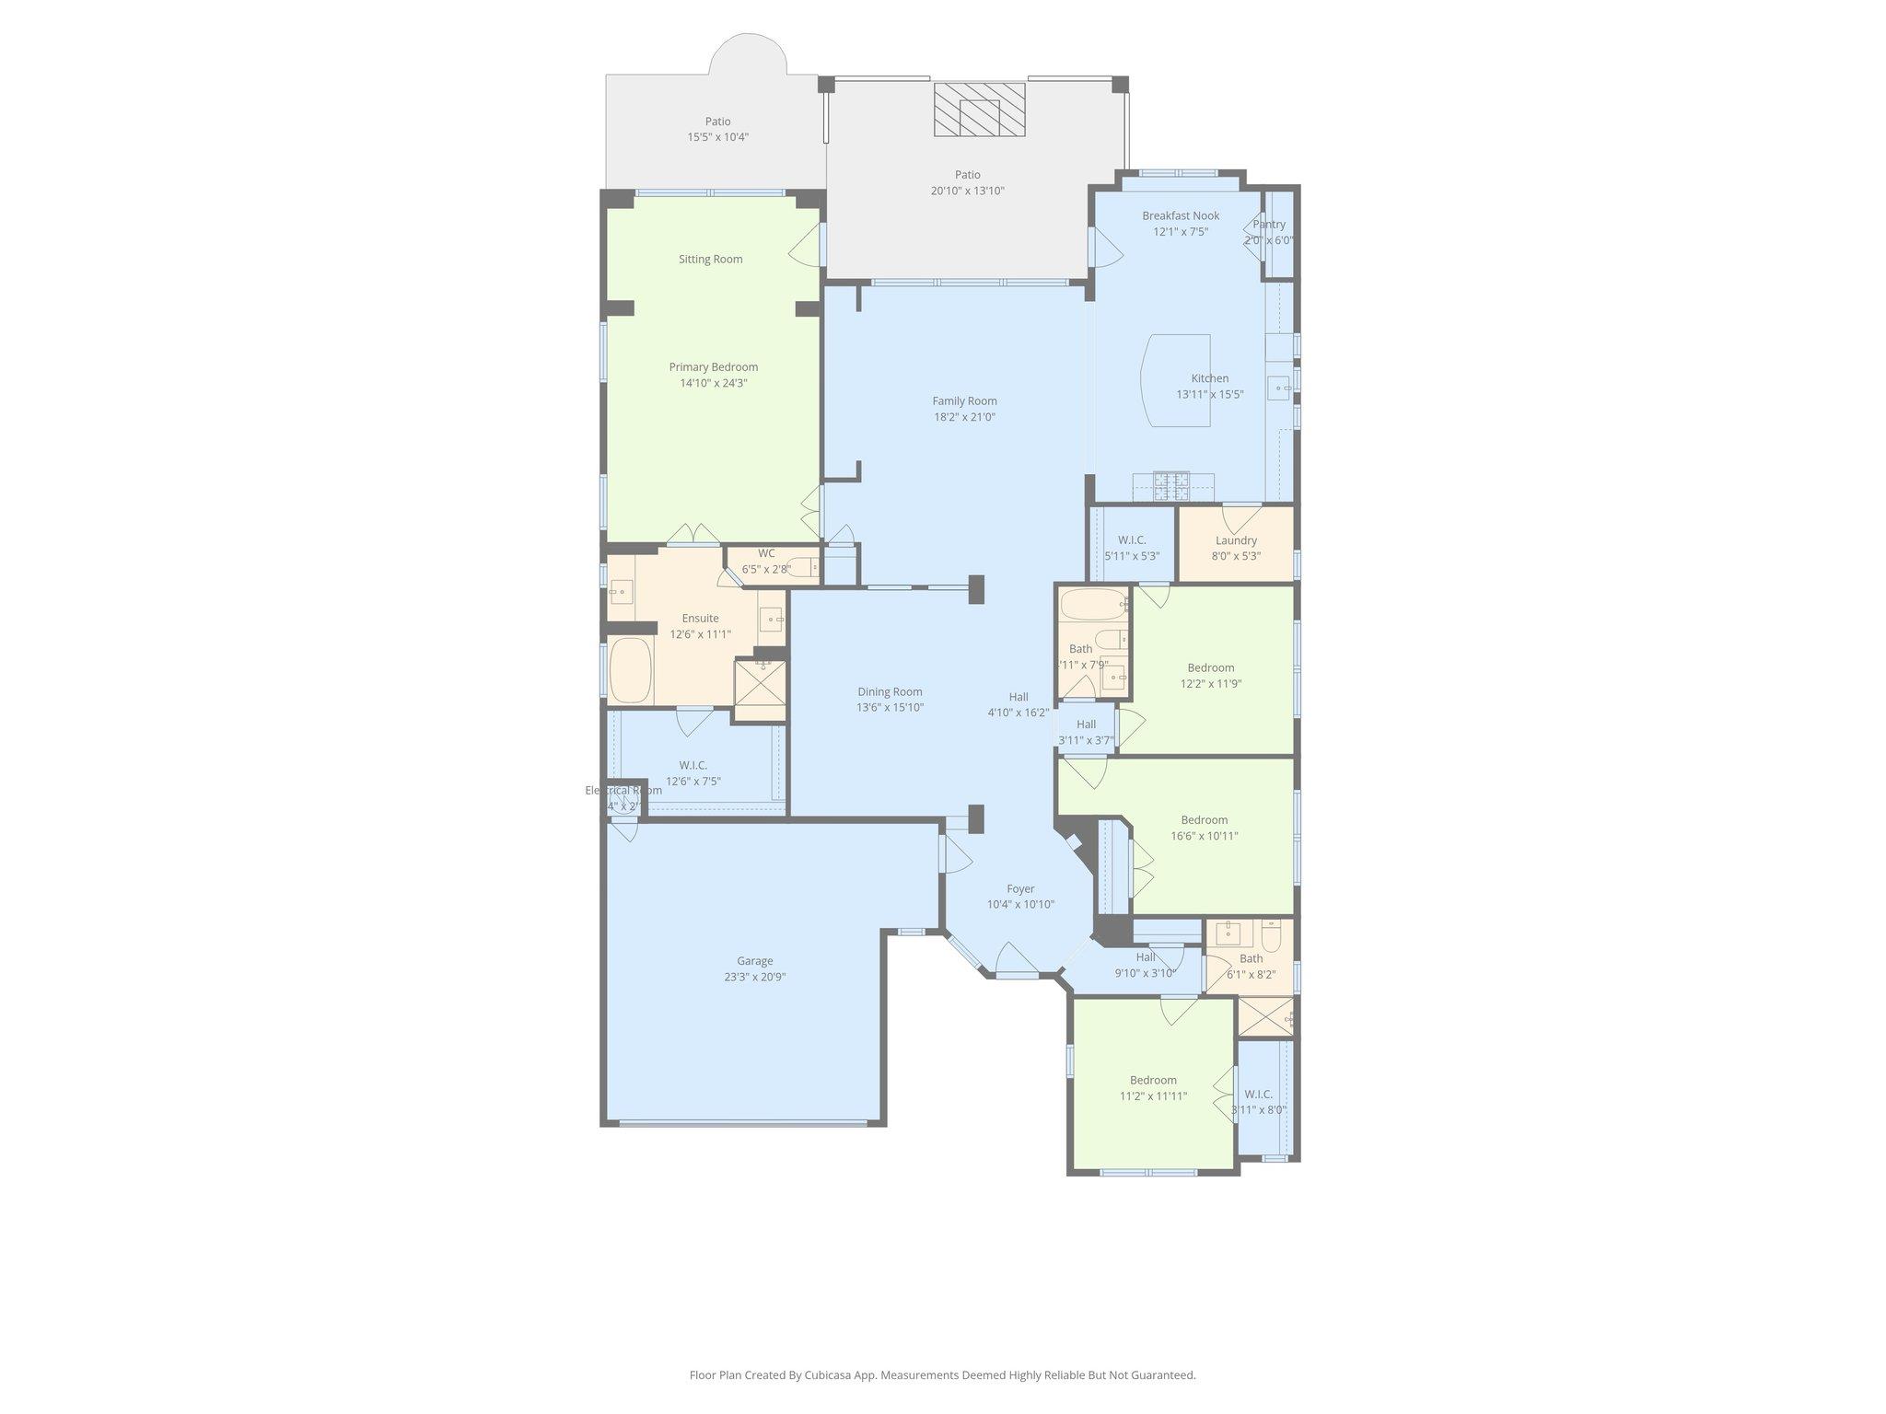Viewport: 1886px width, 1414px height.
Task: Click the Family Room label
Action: (964, 400)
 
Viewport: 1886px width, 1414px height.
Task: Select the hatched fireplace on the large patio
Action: (979, 110)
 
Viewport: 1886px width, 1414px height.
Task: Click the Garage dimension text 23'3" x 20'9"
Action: (754, 977)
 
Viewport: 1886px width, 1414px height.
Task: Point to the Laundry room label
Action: (1236, 540)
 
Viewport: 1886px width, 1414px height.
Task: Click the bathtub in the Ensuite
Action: (631, 669)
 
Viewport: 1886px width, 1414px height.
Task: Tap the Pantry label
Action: (1269, 225)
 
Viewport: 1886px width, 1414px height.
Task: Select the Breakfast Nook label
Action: (1181, 215)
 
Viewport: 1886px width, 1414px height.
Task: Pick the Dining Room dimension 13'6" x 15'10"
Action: (890, 708)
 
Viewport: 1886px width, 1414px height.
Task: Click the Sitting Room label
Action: (710, 259)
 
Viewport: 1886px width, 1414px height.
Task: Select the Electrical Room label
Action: (623, 790)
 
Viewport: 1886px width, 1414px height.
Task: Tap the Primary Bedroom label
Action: (713, 366)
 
